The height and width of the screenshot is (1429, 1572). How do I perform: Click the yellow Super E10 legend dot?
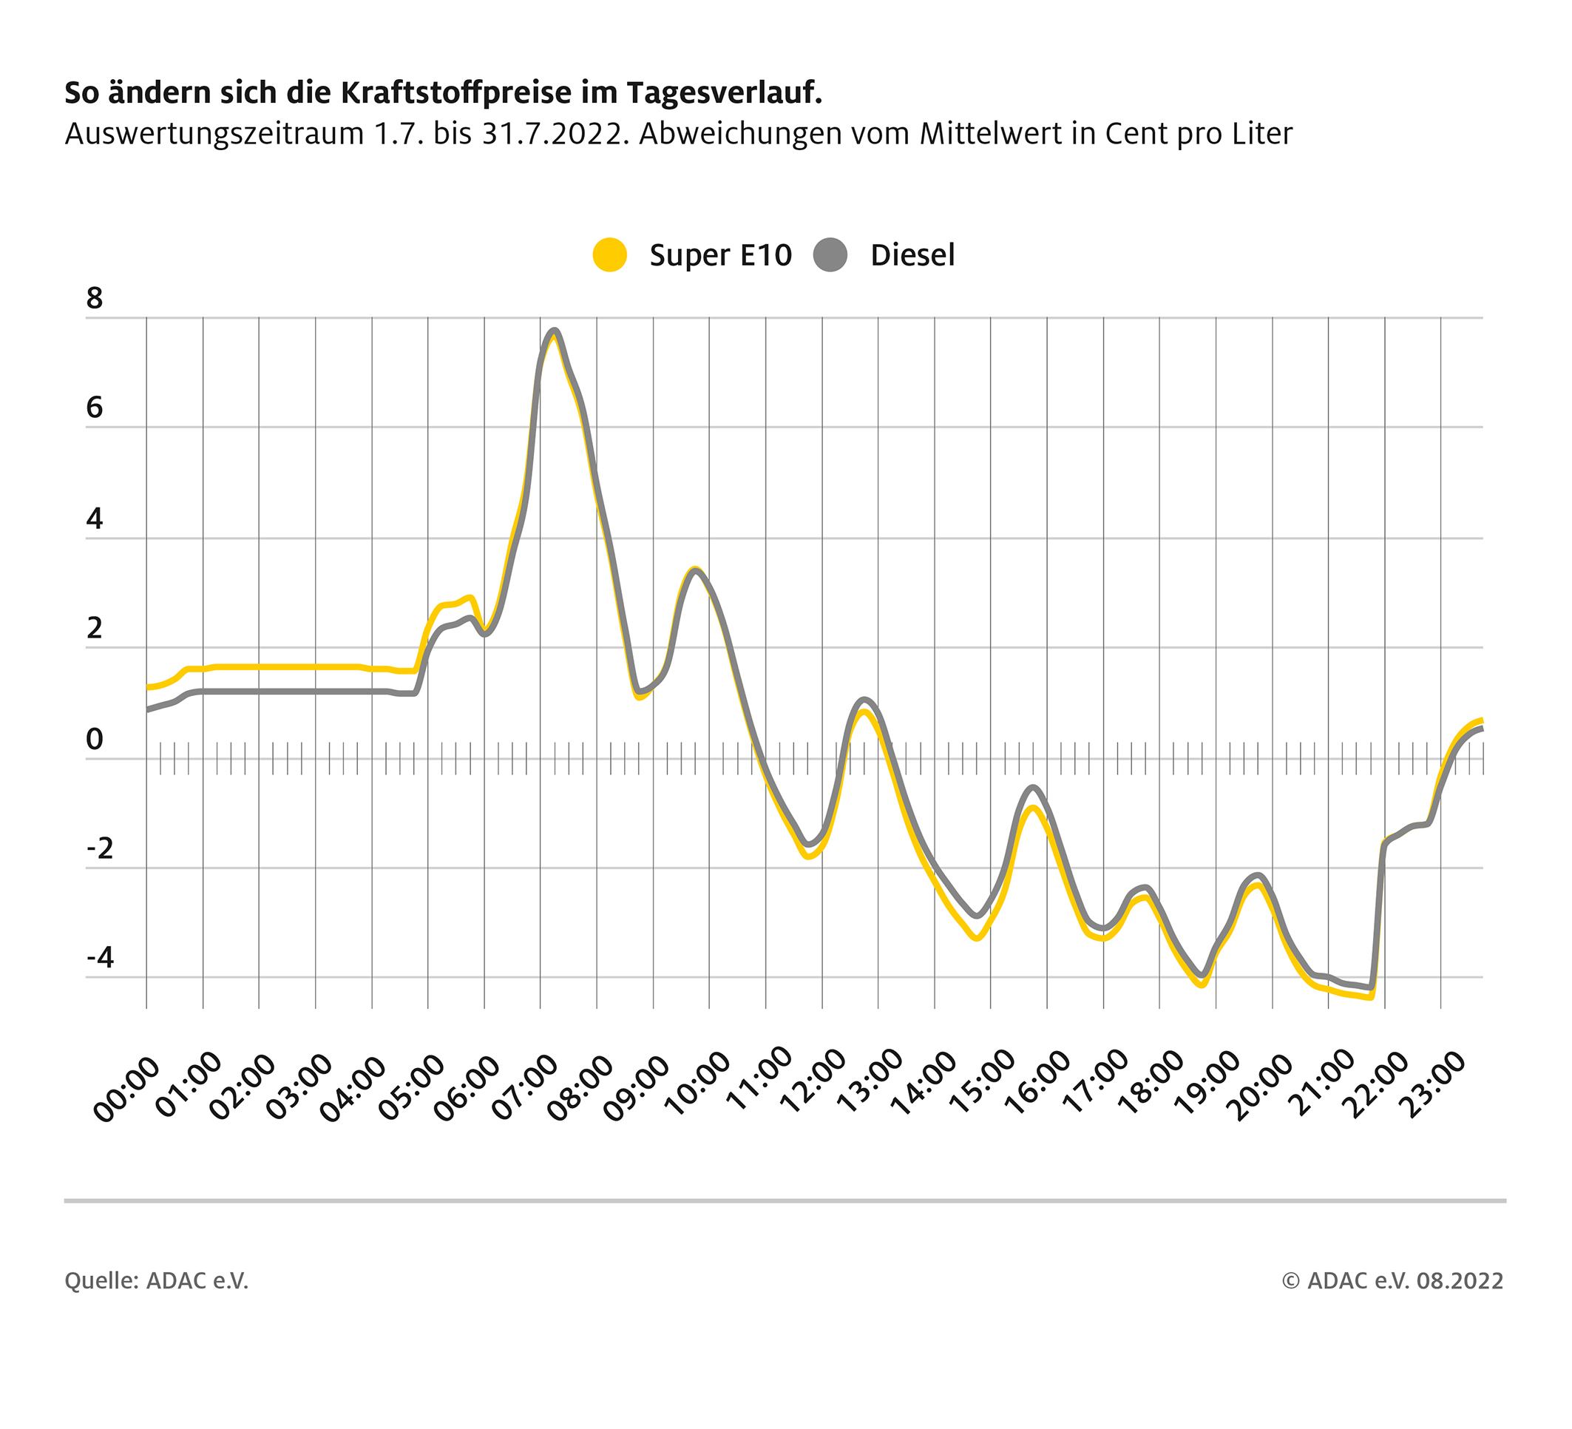click(x=609, y=255)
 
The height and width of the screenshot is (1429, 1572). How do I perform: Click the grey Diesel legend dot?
click(x=830, y=255)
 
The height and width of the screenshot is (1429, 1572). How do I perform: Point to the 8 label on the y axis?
click(x=95, y=298)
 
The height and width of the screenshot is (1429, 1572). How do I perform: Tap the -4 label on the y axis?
click(x=100, y=957)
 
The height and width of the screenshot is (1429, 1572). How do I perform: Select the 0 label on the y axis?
click(x=95, y=739)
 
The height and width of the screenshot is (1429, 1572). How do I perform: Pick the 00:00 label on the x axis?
click(x=126, y=1089)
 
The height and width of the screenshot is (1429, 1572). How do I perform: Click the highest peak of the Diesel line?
click(x=555, y=331)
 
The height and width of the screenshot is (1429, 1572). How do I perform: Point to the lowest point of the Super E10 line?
click(x=1370, y=997)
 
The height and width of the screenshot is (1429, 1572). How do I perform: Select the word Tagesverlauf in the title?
click(x=724, y=92)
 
